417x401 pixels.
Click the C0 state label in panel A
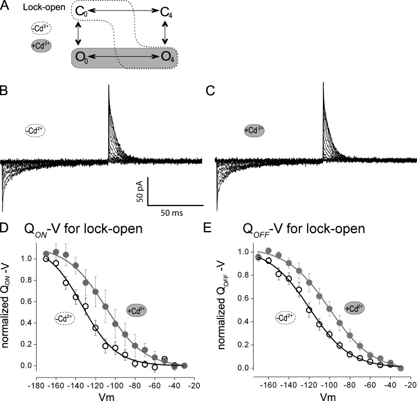click(x=81, y=11)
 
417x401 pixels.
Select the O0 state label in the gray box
click(x=81, y=57)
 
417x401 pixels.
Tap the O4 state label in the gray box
click(x=168, y=57)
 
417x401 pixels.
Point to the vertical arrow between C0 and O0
click(x=80, y=34)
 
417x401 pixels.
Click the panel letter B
click(x=4, y=90)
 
